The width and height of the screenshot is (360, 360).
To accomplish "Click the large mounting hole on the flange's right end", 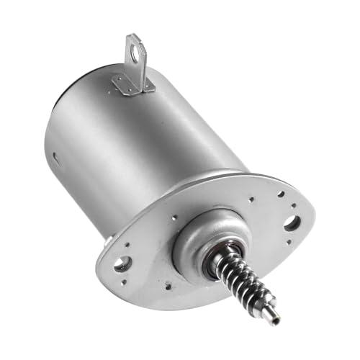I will tap(292, 222).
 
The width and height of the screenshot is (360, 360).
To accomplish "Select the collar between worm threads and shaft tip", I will tap(263, 302).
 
